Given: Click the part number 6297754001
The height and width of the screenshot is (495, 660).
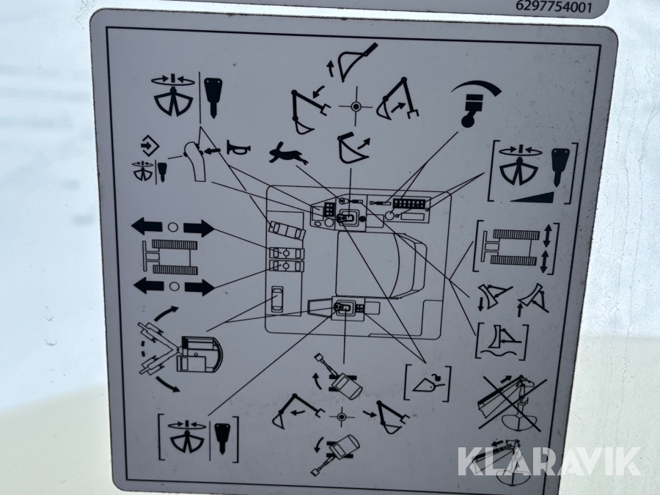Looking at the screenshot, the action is tap(554, 7).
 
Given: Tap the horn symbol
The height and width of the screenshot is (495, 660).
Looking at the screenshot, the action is tap(238, 147).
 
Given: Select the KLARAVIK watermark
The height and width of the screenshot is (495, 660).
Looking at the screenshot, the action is tap(549, 461).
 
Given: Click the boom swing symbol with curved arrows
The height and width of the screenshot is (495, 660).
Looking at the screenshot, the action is tap(180, 349).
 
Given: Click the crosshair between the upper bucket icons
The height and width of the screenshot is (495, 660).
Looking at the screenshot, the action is tap(356, 107).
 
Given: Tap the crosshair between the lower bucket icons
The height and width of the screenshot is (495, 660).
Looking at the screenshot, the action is tap(342, 417).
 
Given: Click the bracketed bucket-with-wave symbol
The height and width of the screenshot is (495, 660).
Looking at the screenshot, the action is tap(502, 341).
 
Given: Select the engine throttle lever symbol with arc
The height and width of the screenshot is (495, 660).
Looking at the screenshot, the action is tap(476, 103).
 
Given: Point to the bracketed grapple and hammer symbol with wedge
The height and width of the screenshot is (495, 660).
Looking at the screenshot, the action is tap(532, 172).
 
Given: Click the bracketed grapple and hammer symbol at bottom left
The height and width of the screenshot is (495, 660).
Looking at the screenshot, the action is tap(198, 438).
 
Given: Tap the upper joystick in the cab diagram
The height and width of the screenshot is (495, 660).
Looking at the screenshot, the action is tap(346, 218).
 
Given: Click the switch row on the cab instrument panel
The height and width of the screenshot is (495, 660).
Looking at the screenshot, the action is tap(408, 204).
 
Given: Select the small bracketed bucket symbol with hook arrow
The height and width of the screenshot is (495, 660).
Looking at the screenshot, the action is tap(428, 384).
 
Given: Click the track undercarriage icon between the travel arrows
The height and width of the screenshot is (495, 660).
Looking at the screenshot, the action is tap(170, 257).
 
